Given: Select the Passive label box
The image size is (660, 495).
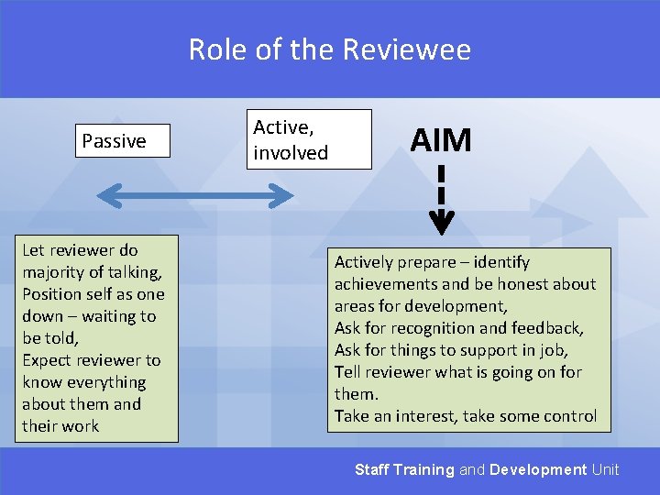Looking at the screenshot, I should (123, 141).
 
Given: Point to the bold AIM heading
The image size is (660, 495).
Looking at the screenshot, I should (441, 140).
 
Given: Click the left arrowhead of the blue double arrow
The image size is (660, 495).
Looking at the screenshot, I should (105, 194).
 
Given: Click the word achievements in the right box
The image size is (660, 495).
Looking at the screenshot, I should (385, 284).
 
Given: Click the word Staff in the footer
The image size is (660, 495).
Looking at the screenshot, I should (372, 469).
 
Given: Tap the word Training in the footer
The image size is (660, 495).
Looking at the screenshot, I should (423, 469).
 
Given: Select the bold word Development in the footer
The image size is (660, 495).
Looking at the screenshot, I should (538, 469).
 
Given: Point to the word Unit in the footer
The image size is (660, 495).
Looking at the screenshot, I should (605, 469).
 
